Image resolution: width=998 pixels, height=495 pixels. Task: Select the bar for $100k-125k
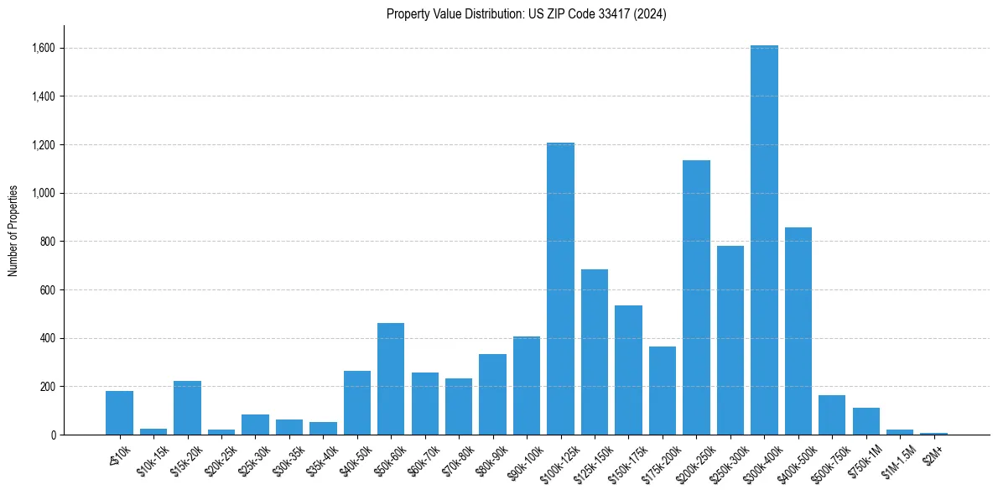(560, 289)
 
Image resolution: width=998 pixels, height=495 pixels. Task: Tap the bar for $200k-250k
(696, 297)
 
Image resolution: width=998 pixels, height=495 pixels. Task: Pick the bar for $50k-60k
(391, 378)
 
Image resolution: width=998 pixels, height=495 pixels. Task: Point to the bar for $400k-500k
(798, 331)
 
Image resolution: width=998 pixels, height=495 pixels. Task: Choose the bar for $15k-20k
(187, 408)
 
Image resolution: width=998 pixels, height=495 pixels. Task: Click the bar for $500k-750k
(832, 414)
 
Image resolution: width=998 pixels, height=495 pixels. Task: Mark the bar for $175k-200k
(663, 390)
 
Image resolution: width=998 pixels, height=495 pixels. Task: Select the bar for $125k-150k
(595, 352)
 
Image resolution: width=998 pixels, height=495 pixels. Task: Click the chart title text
(527, 13)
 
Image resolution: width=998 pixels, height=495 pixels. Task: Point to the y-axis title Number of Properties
(13, 230)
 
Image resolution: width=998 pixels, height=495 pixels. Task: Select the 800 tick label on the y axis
(47, 242)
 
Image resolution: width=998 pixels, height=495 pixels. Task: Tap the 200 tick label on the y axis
(47, 387)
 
